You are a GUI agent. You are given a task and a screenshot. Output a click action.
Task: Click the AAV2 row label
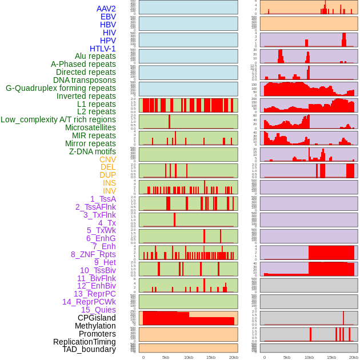pyautogui.click(x=106, y=9)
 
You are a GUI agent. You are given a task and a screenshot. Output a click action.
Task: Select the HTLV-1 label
pyautogui.click(x=102, y=49)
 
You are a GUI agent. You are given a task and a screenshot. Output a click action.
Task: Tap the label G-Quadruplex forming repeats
pyautogui.click(x=61, y=88)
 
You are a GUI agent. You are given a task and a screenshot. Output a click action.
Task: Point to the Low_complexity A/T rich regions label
pyautogui.click(x=58, y=119)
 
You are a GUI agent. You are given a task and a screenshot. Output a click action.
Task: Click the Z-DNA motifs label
pyautogui.click(x=93, y=151)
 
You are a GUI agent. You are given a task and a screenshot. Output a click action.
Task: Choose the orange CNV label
pyautogui.click(x=107, y=159)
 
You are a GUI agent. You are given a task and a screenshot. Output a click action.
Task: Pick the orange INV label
pyautogui.click(x=109, y=191)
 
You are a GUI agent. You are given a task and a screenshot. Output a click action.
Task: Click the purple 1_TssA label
pyautogui.click(x=103, y=199)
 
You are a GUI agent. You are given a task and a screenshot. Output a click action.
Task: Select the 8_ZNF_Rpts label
pyautogui.click(x=93, y=254)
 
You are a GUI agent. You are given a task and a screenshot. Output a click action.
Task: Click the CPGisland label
pyautogui.click(x=97, y=318)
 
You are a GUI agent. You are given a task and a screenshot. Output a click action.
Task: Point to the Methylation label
pyautogui.click(x=95, y=326)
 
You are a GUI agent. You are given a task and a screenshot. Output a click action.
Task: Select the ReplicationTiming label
pyautogui.click(x=84, y=342)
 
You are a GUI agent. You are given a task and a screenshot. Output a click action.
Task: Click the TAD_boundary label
pyautogui.click(x=89, y=349)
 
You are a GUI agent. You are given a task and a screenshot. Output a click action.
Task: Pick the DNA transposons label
pyautogui.click(x=85, y=80)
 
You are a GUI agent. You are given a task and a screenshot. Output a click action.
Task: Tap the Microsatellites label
pyautogui.click(x=90, y=127)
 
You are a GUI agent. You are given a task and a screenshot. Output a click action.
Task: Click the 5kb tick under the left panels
pyautogui.click(x=166, y=357)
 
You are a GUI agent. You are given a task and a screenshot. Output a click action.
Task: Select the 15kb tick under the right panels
pyautogui.click(x=331, y=357)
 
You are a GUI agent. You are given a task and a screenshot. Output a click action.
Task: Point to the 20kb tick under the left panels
pyautogui.click(x=233, y=357)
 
